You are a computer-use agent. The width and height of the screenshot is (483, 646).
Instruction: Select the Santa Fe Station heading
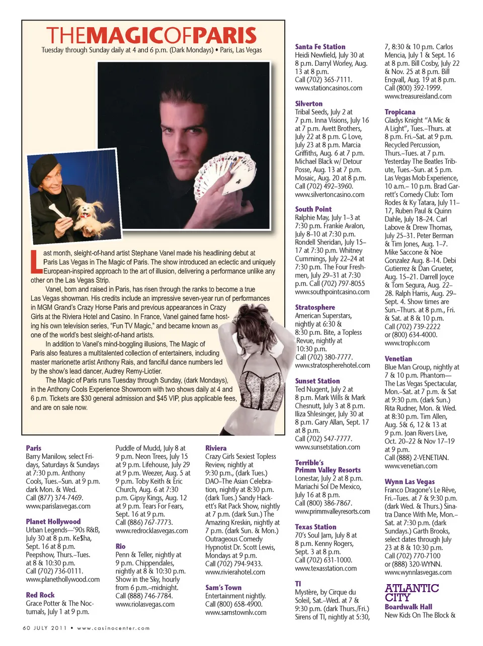coord(320,47)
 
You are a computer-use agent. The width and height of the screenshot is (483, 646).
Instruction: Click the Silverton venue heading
coord(308,104)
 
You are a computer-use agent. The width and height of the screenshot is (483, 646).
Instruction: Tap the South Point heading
coord(313,209)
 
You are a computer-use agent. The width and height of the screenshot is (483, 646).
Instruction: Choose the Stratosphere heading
coord(314,307)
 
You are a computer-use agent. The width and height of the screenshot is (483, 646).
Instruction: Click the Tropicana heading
coord(399,112)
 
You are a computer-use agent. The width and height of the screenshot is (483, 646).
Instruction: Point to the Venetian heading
coord(398,359)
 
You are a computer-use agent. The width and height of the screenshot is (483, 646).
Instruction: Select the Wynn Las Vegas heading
coord(410,482)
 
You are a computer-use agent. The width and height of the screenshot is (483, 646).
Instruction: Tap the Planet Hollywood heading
coord(53,522)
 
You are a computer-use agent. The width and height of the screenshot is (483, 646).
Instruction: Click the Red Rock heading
coord(40,595)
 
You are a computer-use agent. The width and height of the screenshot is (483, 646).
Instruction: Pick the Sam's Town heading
coord(223,588)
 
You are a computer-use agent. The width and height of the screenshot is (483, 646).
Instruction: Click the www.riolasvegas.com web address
coord(145,604)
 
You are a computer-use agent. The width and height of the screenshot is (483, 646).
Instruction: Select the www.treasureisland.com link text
coord(418,96)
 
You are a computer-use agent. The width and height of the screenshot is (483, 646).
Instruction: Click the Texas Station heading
coord(315,527)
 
